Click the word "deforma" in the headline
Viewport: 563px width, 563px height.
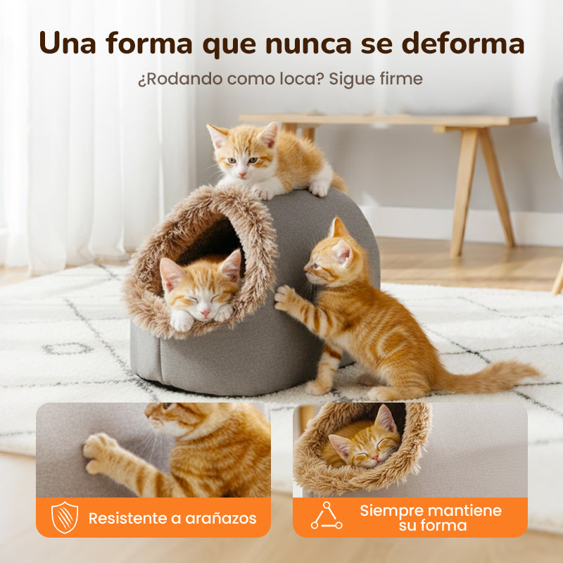(x=463, y=43)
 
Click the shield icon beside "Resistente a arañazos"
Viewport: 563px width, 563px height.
(x=65, y=517)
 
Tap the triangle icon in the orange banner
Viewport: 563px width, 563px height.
(x=327, y=516)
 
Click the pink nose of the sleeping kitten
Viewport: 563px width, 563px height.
(x=205, y=313)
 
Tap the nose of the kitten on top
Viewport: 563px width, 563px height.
(x=243, y=175)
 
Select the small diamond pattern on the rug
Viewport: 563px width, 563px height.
(x=68, y=348)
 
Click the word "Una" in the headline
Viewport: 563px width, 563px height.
(x=68, y=43)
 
